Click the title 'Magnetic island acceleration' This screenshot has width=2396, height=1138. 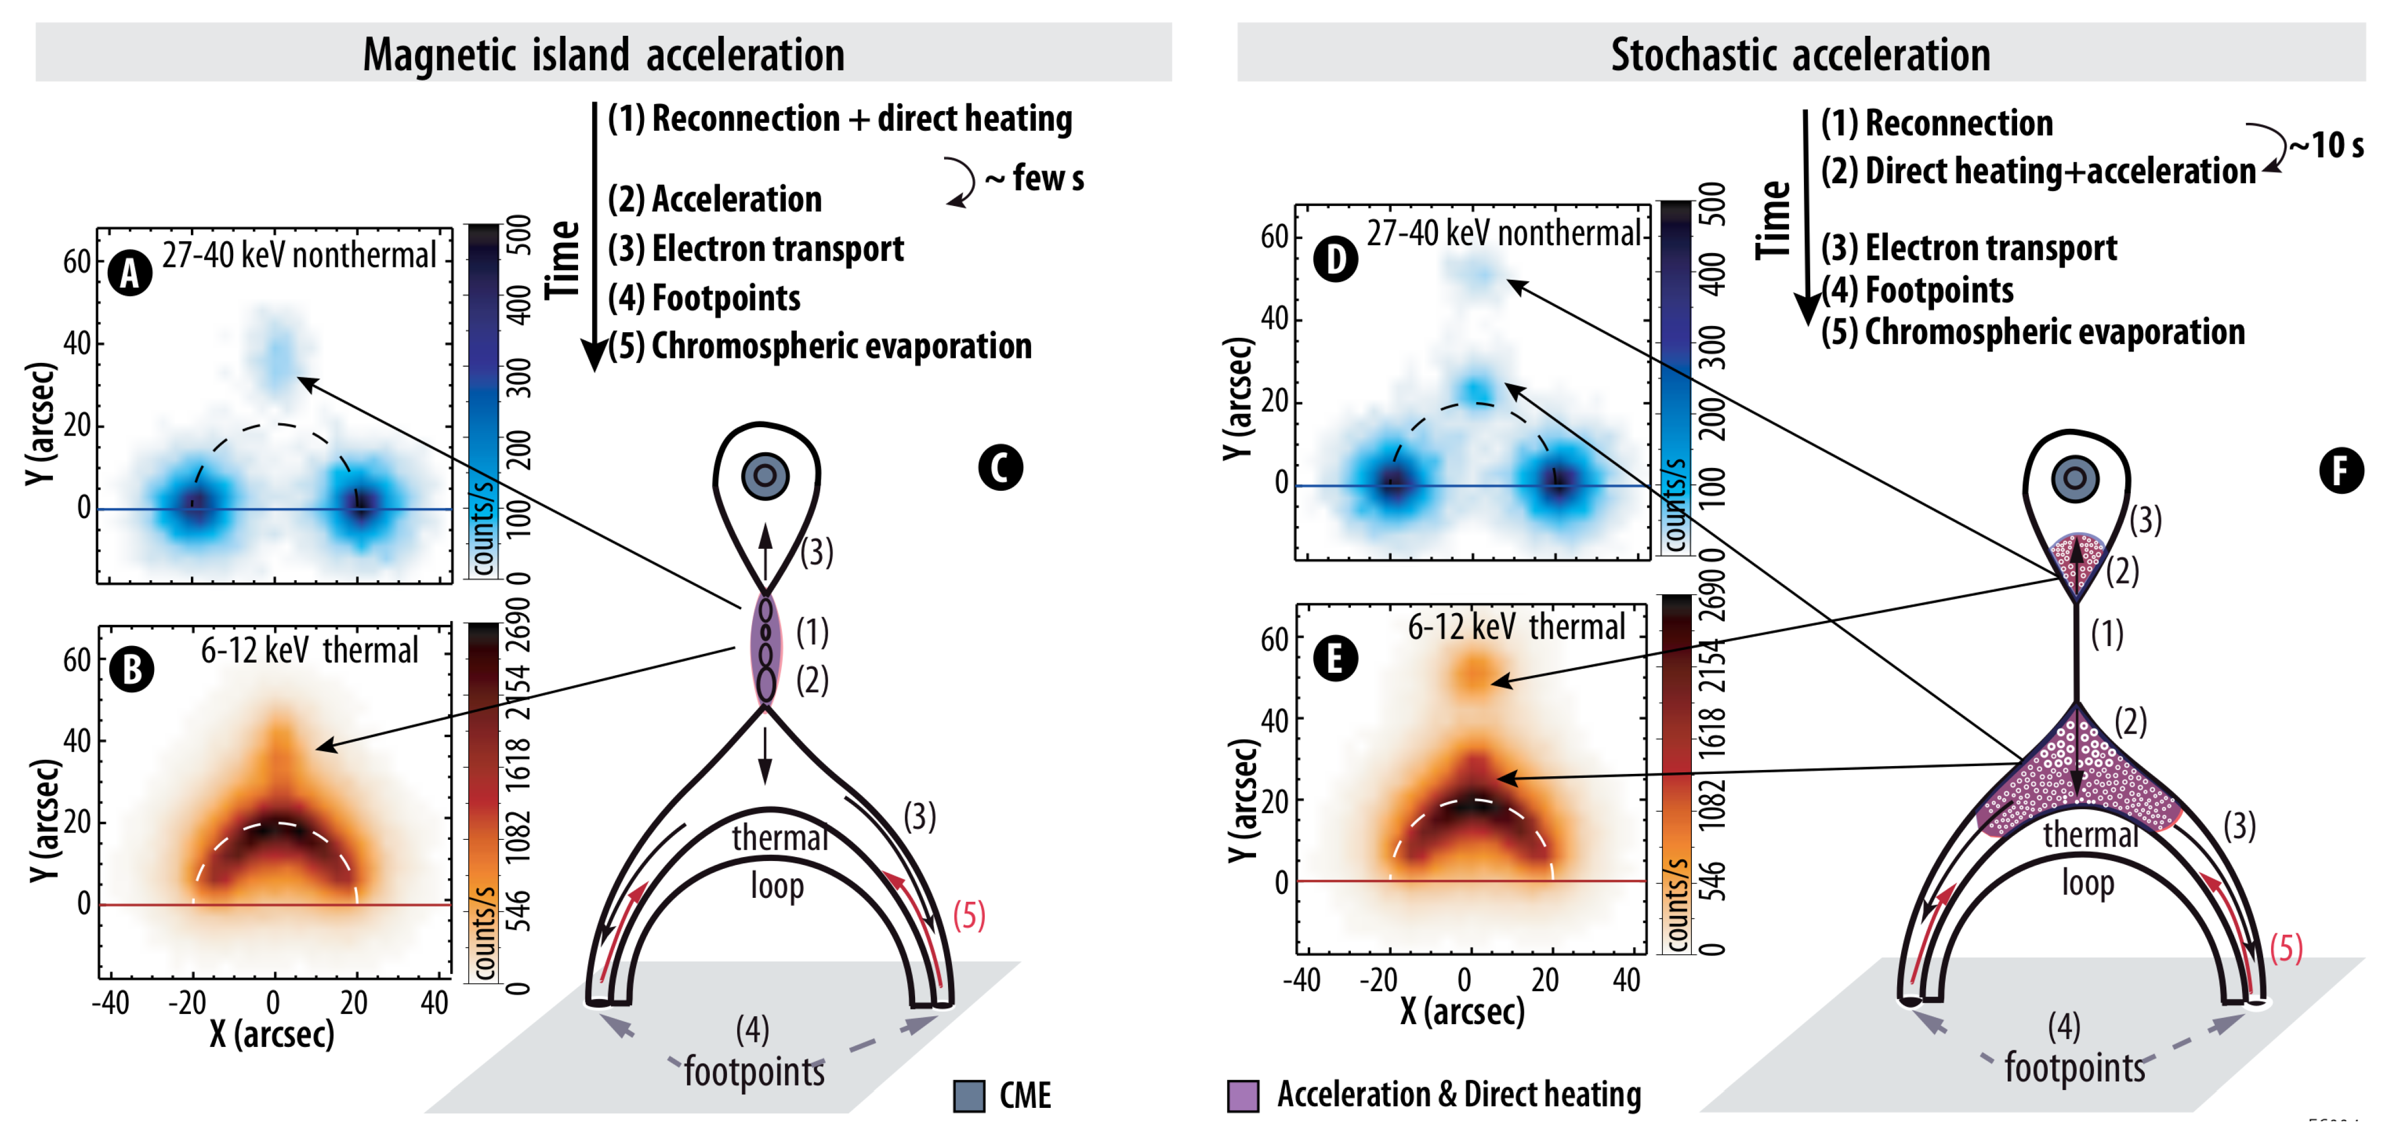coord(604,54)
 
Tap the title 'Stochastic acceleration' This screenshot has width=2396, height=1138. coord(1800,54)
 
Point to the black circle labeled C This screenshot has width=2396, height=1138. coord(1000,467)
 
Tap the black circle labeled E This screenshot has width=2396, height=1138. coord(1335,659)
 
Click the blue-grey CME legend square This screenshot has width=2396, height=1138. coord(968,1096)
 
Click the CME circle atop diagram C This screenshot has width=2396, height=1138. coord(766,476)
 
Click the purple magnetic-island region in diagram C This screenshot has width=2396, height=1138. coord(766,649)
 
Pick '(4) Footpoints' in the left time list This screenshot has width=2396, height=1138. coord(704,298)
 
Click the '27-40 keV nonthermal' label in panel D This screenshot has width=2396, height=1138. coord(1503,233)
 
